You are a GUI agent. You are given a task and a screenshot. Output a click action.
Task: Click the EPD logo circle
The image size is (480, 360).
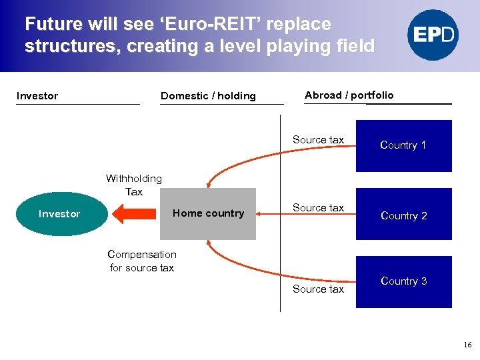(433, 35)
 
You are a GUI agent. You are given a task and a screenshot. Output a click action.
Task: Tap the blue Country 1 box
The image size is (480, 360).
(403, 145)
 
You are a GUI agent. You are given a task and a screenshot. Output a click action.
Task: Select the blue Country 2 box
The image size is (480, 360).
(403, 215)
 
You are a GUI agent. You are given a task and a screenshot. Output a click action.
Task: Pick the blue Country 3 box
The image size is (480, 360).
(403, 281)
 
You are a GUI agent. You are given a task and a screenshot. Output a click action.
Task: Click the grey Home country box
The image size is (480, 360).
(208, 214)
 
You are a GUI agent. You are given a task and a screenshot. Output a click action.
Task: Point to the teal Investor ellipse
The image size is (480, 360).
(60, 214)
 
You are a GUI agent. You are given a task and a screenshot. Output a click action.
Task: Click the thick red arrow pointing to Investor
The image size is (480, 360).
(137, 214)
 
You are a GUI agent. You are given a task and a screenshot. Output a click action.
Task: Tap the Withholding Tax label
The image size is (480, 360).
(134, 185)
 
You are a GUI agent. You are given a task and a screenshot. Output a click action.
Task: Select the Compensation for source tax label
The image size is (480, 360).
(142, 261)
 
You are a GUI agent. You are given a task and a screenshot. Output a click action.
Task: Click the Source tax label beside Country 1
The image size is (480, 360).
(318, 140)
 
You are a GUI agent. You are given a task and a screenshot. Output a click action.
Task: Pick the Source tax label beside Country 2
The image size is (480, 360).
(318, 208)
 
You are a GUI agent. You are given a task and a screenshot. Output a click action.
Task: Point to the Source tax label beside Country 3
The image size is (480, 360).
(318, 289)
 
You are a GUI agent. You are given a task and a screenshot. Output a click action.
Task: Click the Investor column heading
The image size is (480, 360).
(37, 96)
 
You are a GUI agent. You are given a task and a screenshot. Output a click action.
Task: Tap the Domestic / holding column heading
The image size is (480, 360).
(208, 96)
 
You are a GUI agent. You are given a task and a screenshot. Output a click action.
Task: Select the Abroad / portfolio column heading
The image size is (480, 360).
(349, 95)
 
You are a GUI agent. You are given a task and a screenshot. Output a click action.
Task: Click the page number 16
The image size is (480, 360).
(467, 345)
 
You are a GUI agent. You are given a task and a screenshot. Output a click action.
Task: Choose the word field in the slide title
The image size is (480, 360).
(355, 47)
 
